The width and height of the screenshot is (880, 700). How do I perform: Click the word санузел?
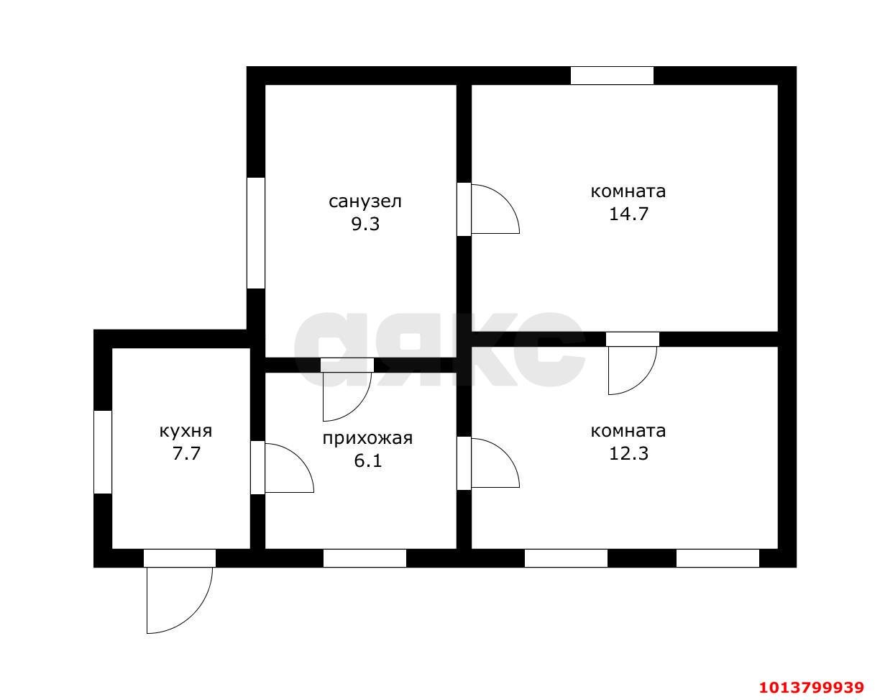click(365, 201)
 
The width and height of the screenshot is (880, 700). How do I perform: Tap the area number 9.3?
click(365, 224)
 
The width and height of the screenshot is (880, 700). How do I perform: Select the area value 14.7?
click(628, 214)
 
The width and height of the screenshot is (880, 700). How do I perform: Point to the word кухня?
click(185, 432)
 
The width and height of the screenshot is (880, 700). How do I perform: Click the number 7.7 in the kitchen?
click(186, 454)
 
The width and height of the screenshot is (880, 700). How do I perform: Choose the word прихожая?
click(367, 438)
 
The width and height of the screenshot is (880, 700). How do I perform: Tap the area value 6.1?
click(367, 461)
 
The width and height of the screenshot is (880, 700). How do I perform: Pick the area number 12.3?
click(628, 453)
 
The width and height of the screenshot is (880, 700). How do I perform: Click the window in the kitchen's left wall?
click(103, 452)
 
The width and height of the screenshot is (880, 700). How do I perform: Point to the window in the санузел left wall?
click(256, 232)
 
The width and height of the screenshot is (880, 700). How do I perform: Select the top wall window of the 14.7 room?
click(612, 76)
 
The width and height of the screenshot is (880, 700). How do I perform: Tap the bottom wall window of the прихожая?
click(365, 558)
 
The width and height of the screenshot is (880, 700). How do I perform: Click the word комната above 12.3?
click(628, 431)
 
